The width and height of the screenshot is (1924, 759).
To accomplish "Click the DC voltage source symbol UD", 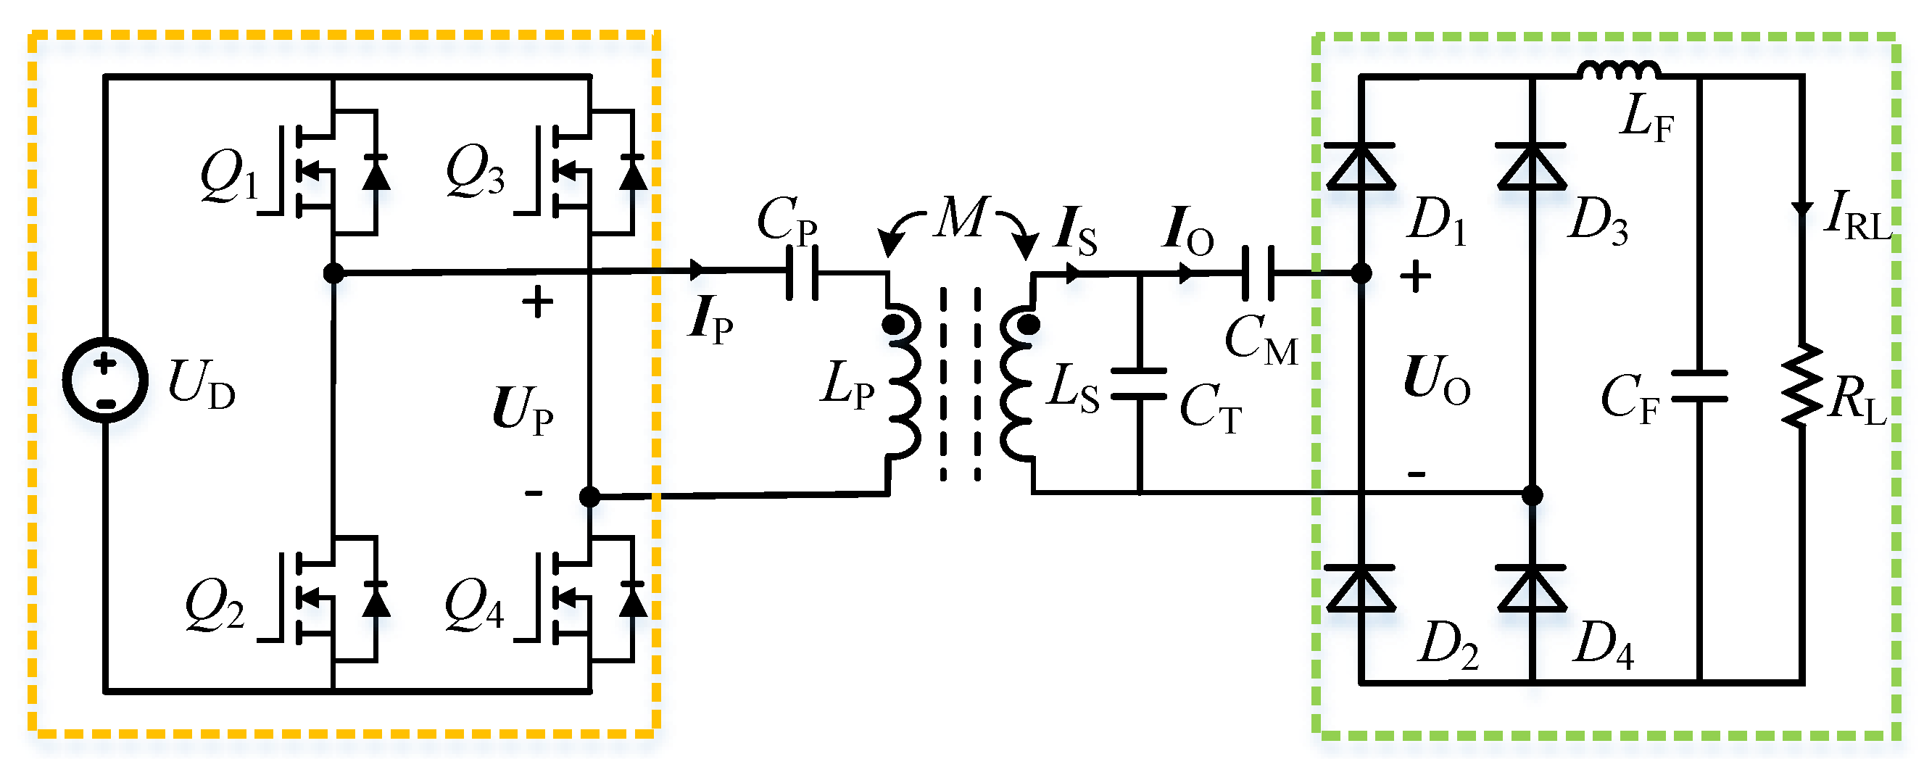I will pos(104,381).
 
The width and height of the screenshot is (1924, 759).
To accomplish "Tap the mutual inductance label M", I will pos(962,218).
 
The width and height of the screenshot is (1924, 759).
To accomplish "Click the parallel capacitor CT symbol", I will pos(1139,383).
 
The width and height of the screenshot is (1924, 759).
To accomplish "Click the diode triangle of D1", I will pos(1360,166).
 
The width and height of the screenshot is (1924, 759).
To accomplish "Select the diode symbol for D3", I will pos(1531,166).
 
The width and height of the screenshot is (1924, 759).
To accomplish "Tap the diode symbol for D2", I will pos(1360,589).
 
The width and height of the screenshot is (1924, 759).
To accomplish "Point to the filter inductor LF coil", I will pos(1620,71).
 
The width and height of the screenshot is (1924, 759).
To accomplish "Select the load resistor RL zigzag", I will pos(1802,385).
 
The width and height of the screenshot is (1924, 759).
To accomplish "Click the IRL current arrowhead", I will pos(1802,209).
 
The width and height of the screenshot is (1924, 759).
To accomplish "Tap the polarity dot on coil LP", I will pos(892,325).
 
